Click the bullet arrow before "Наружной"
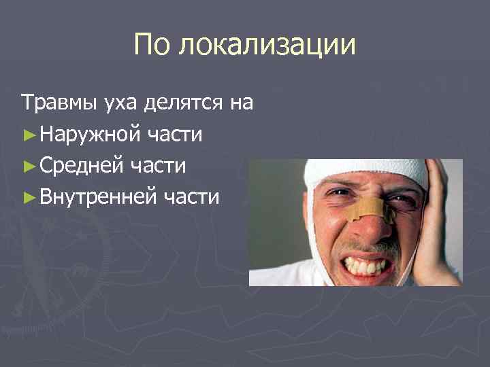click(28, 135)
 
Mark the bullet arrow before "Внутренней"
click(28, 197)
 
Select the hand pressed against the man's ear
click(436, 224)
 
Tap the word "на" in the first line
click(242, 103)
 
